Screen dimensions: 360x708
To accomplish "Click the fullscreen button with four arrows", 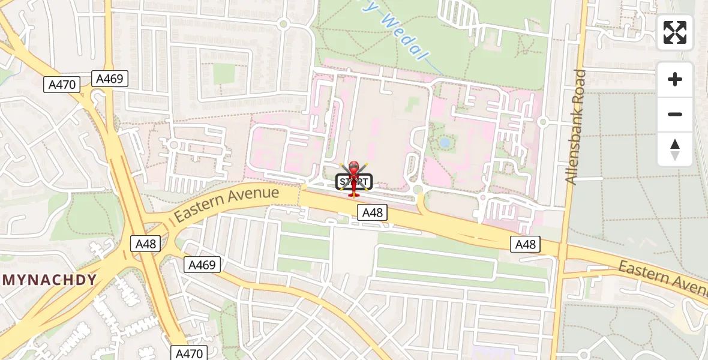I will (x=675, y=32).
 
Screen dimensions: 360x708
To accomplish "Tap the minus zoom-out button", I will (x=675, y=114).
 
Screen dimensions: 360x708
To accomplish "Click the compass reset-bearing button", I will (x=675, y=149).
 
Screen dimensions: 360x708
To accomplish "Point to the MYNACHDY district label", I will (x=50, y=280).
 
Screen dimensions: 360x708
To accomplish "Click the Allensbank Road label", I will (x=578, y=127).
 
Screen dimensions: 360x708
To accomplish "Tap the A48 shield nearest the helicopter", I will (x=372, y=212).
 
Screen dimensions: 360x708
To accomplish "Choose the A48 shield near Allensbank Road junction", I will (x=526, y=244).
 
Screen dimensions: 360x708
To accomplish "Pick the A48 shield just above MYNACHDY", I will (x=145, y=244).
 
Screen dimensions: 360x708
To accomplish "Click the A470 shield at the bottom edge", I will (x=189, y=353).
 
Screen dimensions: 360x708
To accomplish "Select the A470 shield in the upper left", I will (x=62, y=85).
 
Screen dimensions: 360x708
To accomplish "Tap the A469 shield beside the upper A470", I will (x=110, y=78).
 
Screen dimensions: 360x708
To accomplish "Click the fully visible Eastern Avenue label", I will (x=227, y=204).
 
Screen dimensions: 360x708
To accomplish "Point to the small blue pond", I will (x=445, y=143).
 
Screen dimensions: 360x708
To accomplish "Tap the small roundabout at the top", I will (x=284, y=24).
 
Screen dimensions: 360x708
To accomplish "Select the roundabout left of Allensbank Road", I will (x=543, y=122).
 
